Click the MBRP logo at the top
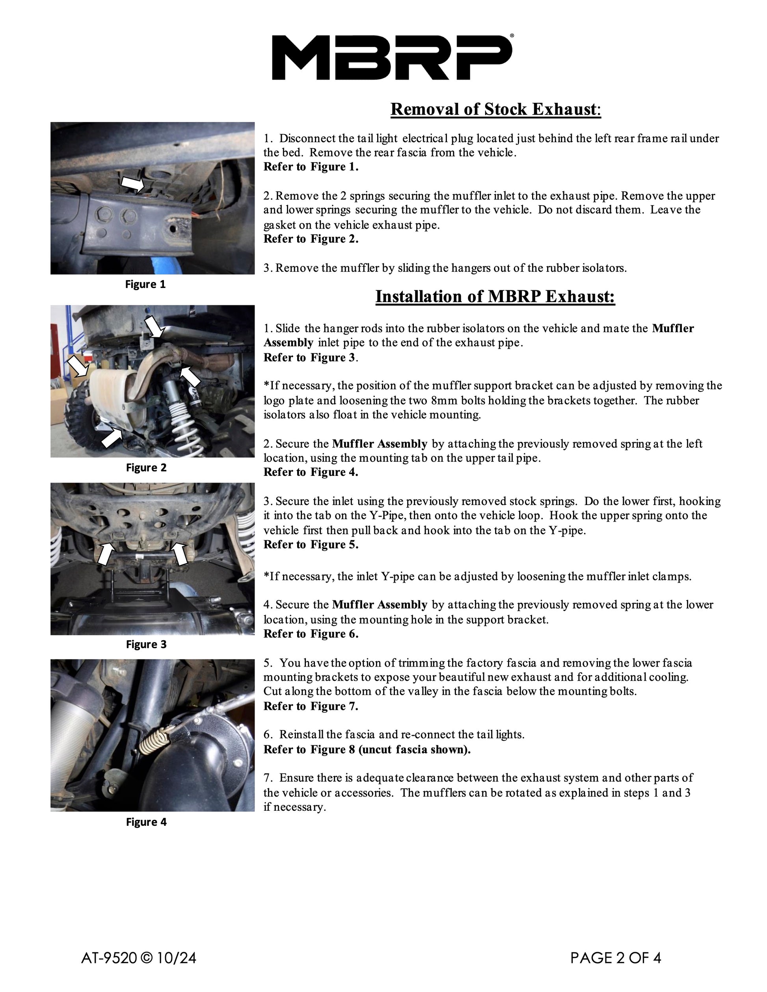point(393,57)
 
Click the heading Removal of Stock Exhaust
point(496,109)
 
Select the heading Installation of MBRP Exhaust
point(495,296)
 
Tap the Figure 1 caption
point(145,284)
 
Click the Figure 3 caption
point(146,644)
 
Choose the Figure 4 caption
point(146,822)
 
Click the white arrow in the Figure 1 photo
point(133,184)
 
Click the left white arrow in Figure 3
point(106,554)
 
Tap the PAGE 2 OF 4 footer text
point(616,958)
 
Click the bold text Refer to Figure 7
point(311,706)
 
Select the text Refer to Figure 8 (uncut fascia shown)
point(367,749)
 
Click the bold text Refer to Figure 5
point(311,544)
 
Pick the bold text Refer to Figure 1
point(311,167)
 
